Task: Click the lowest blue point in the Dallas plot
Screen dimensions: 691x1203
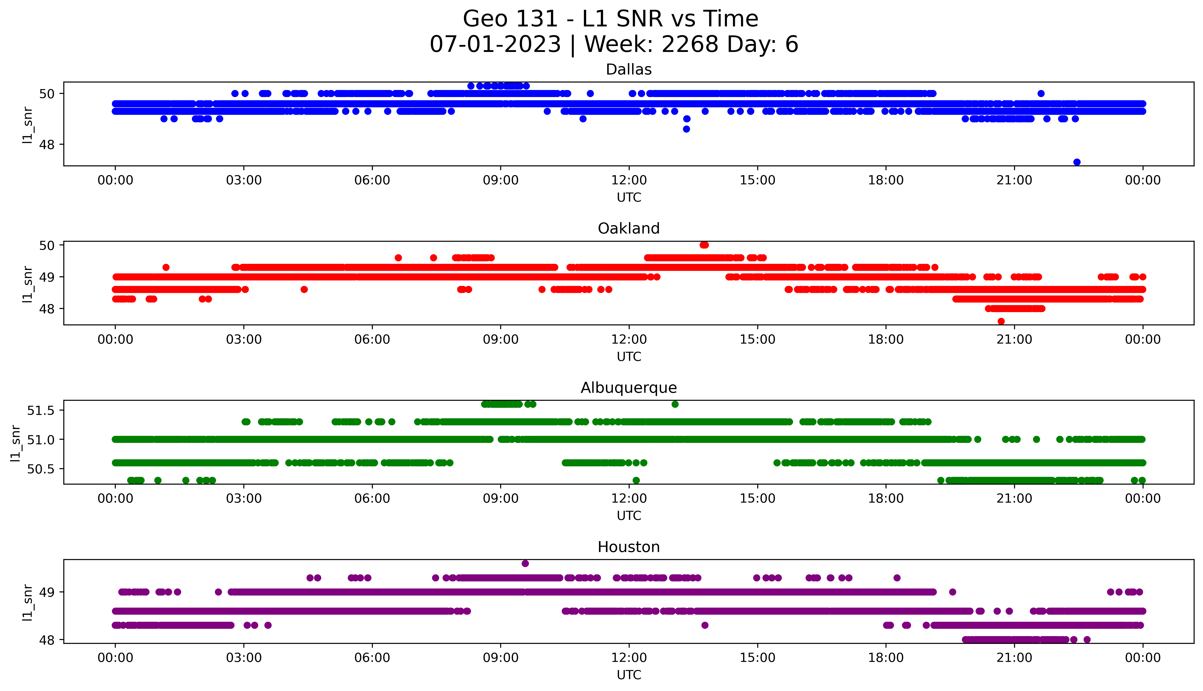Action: (1077, 162)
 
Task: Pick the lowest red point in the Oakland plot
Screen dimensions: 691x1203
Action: (1001, 321)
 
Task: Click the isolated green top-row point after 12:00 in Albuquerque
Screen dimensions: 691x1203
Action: (675, 404)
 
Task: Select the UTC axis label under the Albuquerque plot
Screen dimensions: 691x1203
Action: (629, 516)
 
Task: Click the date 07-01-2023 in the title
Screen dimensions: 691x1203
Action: (495, 45)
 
